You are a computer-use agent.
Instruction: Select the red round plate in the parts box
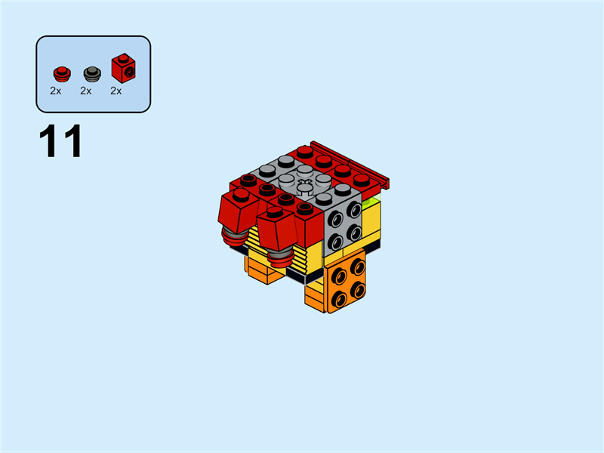coord(60,73)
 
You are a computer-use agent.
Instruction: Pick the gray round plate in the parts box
coord(91,73)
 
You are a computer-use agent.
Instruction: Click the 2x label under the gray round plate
coord(85,91)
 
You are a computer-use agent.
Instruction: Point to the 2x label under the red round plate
coord(55,91)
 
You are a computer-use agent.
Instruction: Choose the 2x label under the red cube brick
coord(116,91)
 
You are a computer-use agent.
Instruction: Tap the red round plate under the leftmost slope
coord(233,239)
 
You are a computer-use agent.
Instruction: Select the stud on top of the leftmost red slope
coord(241,194)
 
